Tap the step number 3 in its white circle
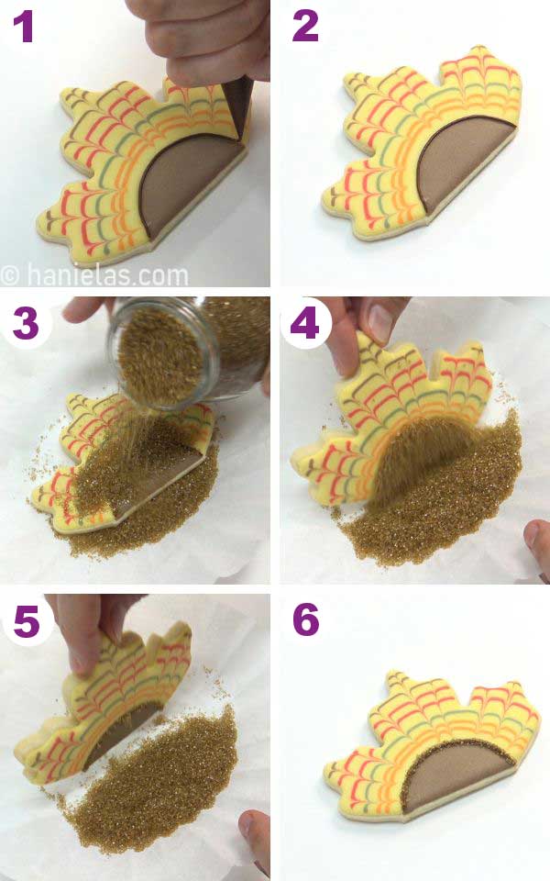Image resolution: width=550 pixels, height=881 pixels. (25, 322)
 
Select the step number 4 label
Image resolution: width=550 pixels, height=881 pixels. (305, 324)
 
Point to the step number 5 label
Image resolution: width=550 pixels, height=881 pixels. (25, 621)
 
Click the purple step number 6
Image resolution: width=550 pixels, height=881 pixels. (306, 621)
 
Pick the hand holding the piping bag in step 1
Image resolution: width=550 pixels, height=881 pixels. (202, 37)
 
